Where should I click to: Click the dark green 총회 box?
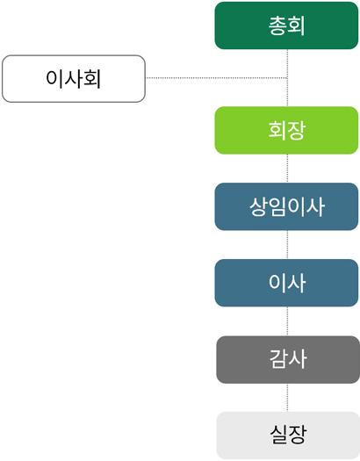point(286,25)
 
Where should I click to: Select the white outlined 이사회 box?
point(74,79)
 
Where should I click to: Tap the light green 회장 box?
point(286,130)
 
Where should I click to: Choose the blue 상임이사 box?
point(286,206)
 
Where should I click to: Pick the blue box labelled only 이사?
point(286,283)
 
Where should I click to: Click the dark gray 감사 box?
point(288,359)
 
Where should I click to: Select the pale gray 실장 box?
point(288,436)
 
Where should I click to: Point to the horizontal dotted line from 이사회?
point(216,78)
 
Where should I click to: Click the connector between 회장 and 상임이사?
point(287,169)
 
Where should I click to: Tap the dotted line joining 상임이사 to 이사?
point(287,245)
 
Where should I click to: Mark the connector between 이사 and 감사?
point(287,321)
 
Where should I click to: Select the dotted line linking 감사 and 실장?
point(287,398)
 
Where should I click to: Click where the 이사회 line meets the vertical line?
point(287,78)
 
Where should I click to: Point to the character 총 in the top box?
point(277,25)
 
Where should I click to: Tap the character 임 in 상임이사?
point(277,206)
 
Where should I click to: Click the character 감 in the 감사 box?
point(278,358)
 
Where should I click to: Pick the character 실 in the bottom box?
point(279,435)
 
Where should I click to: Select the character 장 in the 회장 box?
point(296,130)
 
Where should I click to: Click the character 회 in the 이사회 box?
point(92,78)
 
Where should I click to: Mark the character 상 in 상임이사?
point(259,206)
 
